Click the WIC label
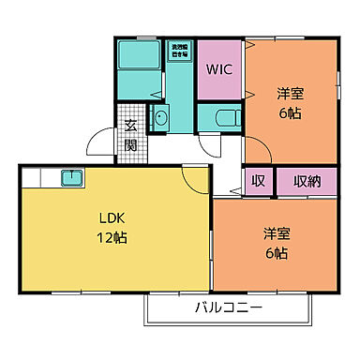coord(219,69)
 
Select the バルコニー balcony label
coord(229,308)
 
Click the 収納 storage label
coord(307,181)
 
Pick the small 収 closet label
coord(258,181)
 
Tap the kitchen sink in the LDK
coord(71,177)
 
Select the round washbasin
coord(159,119)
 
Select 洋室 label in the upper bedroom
coord(290,94)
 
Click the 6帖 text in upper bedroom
coord(290,112)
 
